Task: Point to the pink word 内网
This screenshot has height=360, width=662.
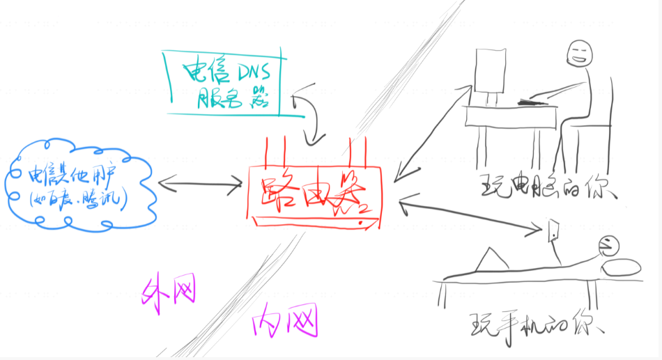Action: [285, 321]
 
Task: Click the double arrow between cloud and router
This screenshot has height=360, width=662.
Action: [200, 185]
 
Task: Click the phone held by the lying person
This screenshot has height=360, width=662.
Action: [553, 230]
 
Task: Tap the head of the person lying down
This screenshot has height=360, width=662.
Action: [607, 245]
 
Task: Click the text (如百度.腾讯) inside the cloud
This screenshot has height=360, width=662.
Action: [74, 199]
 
